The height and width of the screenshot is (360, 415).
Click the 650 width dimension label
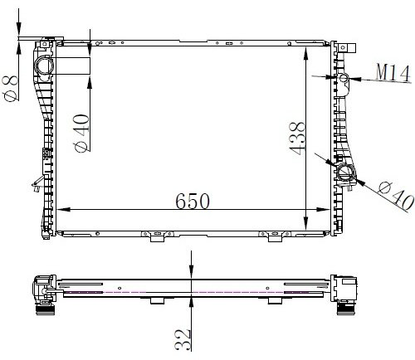click(x=193, y=201)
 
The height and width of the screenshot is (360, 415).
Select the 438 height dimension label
click(x=297, y=137)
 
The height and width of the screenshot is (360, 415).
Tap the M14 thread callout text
click(x=393, y=73)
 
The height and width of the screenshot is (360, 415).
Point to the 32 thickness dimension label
click(x=183, y=340)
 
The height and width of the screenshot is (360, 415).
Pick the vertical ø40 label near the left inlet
click(x=81, y=133)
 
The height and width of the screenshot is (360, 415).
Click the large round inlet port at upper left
click(x=44, y=66)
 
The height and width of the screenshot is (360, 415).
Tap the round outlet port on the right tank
click(x=345, y=173)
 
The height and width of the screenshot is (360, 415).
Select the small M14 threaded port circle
click(x=344, y=78)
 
